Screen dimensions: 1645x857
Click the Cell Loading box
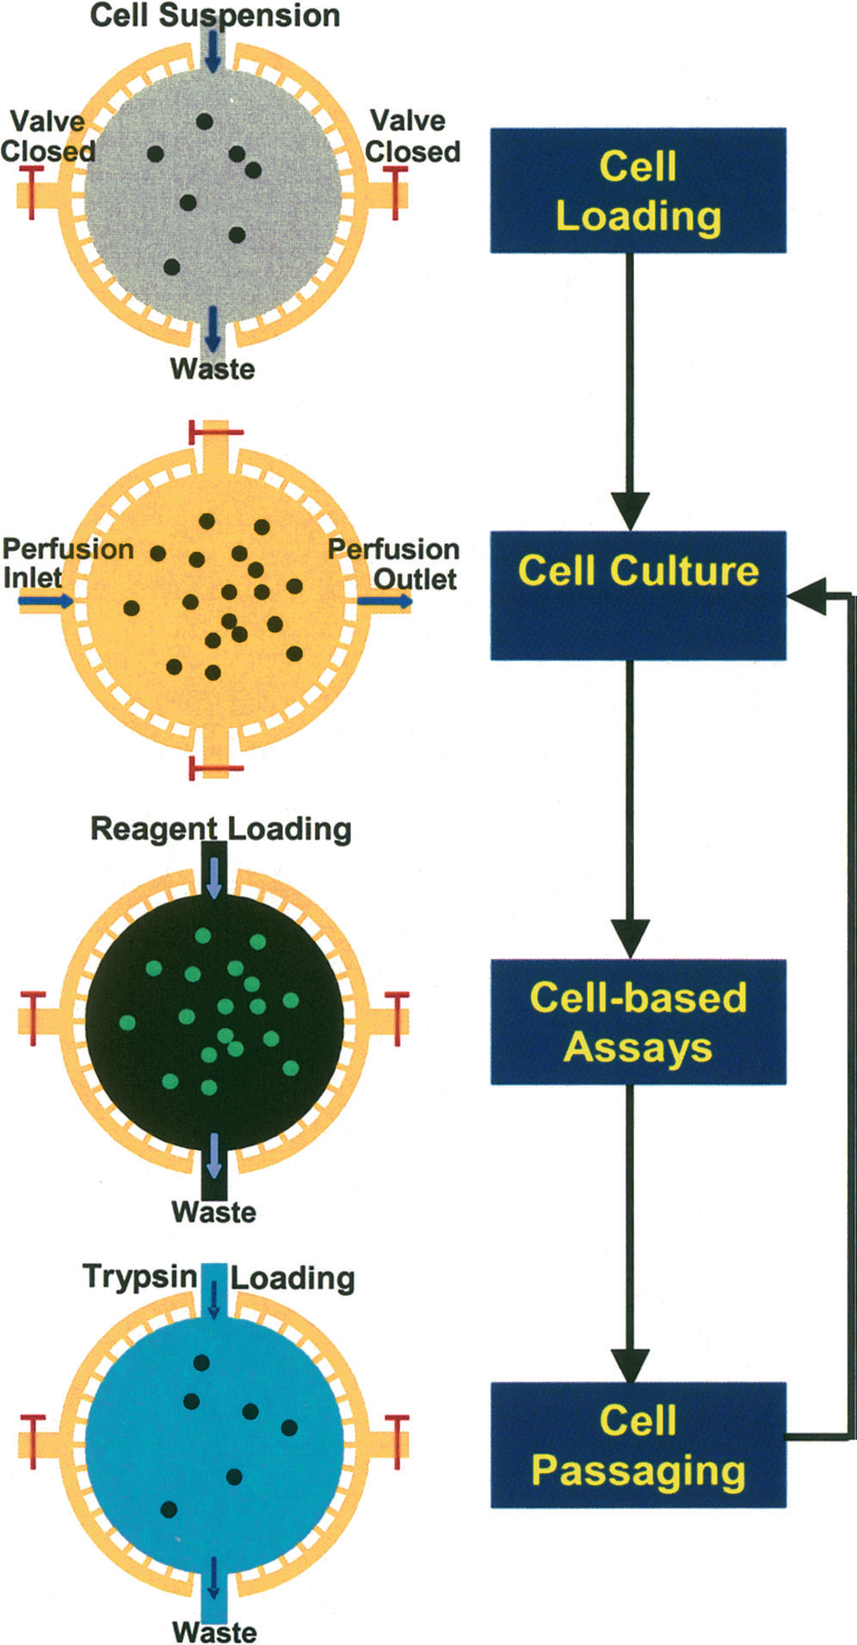[x=638, y=190]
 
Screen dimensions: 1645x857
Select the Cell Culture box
[x=638, y=595]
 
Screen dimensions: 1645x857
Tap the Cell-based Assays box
[x=638, y=1021]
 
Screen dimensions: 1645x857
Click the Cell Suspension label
[x=215, y=15]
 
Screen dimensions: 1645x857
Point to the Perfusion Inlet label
[x=66, y=562]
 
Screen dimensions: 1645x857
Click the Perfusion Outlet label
[x=394, y=563]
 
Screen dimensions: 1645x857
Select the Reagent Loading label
[x=221, y=829]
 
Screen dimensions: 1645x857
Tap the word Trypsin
[x=139, y=1276]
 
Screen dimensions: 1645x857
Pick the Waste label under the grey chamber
[x=213, y=368]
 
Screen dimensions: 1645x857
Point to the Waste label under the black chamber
[x=214, y=1212]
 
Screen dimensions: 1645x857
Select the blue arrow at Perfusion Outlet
[x=385, y=603]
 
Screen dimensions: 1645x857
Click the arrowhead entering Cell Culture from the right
[x=805, y=595]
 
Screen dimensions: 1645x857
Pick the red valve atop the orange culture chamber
[x=215, y=430]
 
